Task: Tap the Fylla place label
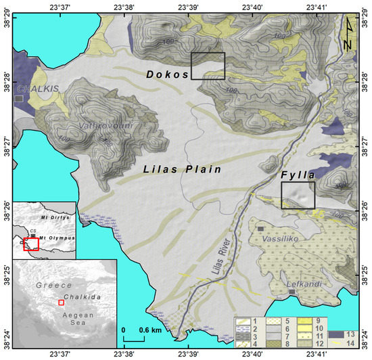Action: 298,175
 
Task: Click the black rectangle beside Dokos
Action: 208,66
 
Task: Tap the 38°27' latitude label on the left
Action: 6,144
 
